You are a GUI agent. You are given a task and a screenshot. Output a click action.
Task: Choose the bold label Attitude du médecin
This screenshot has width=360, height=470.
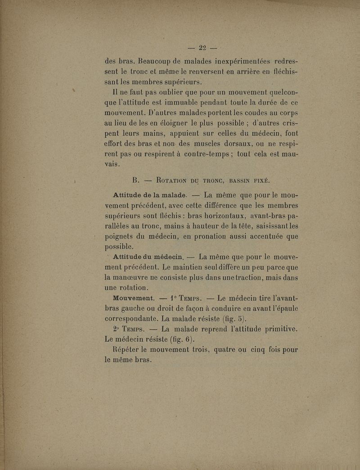(x=148, y=257)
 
